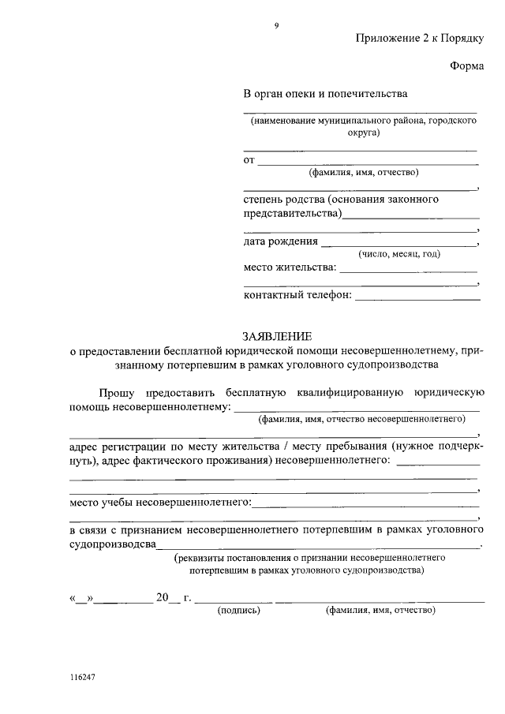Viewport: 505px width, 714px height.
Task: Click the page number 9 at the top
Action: (x=276, y=26)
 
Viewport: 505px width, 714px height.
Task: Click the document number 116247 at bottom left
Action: (x=82, y=678)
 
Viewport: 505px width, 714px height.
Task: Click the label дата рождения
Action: (x=281, y=241)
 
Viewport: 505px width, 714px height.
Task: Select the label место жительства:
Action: (x=290, y=268)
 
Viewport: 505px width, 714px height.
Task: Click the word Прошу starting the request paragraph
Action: (x=118, y=392)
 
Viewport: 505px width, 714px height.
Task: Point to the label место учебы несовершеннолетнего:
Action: (x=161, y=501)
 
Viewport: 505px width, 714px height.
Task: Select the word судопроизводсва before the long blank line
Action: (x=113, y=543)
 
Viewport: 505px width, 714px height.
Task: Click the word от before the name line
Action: (x=249, y=161)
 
